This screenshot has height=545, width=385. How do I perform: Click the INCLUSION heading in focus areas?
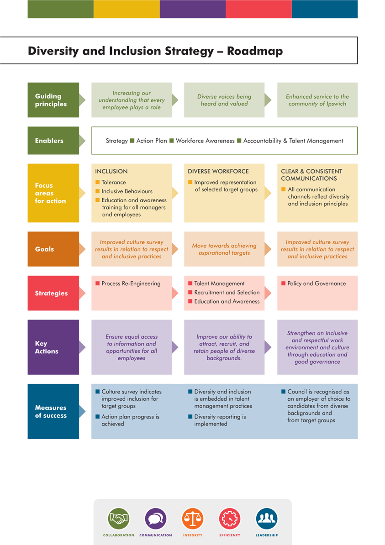point(111,171)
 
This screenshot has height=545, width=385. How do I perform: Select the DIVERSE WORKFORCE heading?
point(218,171)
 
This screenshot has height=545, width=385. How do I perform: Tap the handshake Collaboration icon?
point(119,519)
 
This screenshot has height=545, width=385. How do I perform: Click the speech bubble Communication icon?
point(156,519)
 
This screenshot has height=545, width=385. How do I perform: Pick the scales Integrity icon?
point(193,519)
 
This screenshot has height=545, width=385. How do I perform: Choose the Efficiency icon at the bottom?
point(230,519)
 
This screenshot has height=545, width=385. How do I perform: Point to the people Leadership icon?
point(267,519)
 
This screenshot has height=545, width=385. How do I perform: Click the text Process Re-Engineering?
point(131,283)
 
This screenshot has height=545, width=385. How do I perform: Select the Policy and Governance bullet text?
point(316,283)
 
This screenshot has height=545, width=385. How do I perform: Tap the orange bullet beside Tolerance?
point(97,182)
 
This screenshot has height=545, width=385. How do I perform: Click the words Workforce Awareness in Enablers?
point(205,141)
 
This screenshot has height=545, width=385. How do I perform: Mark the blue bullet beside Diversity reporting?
point(190,417)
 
